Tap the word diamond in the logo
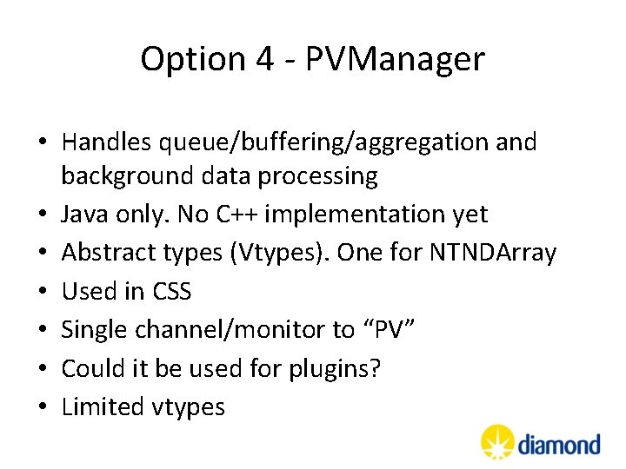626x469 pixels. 559,446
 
